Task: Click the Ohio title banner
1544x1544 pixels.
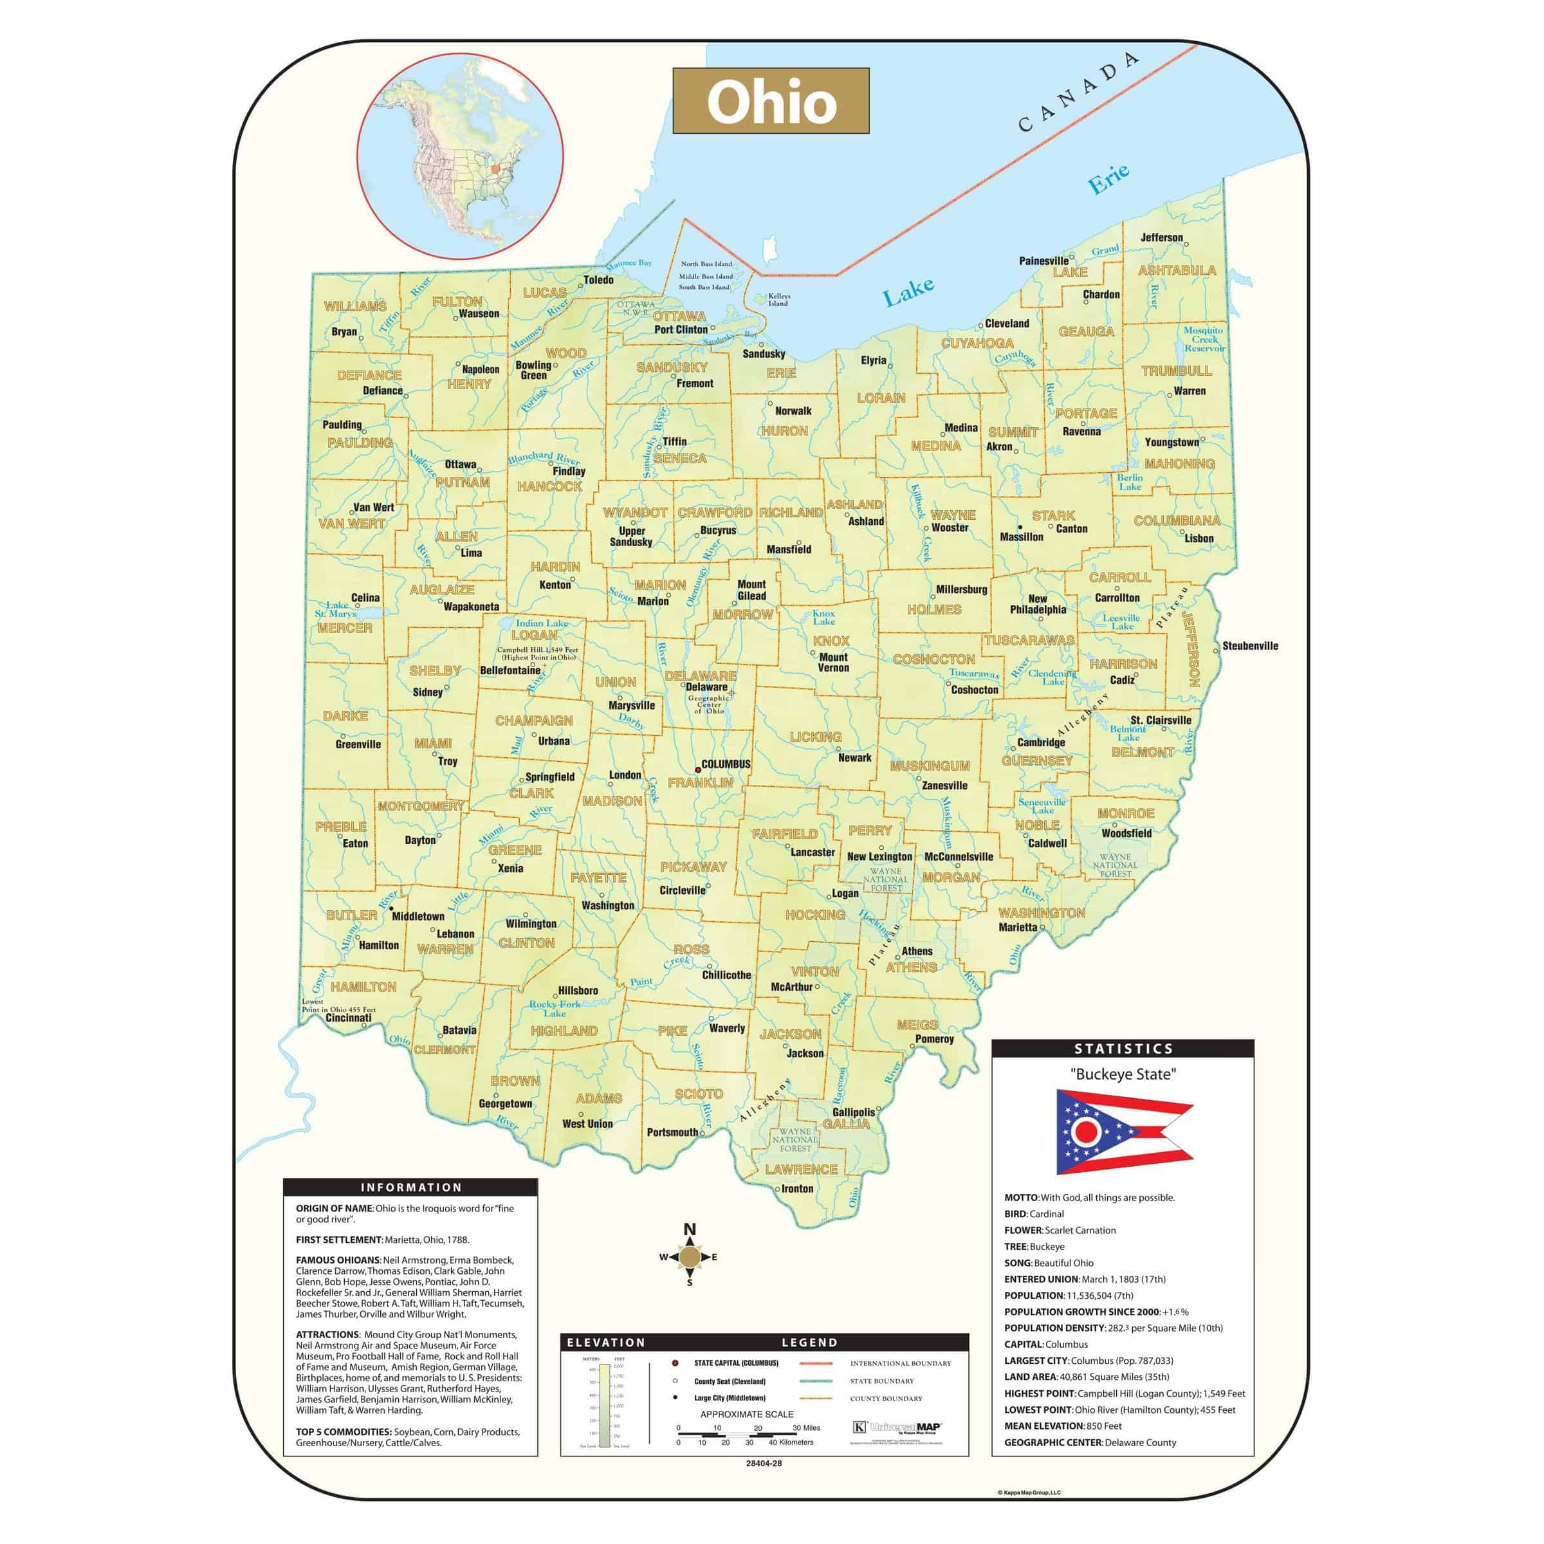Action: tap(771, 101)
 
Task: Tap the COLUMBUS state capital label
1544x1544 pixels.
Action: tap(726, 764)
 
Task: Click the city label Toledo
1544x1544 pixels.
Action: tap(598, 280)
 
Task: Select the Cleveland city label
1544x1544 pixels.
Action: tap(1007, 324)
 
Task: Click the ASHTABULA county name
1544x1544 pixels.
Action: tap(1177, 270)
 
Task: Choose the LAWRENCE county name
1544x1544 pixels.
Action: tap(801, 1169)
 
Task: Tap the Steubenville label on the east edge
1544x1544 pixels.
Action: tap(1250, 646)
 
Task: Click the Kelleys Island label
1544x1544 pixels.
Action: tap(778, 300)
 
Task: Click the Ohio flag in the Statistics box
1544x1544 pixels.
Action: tap(1123, 1132)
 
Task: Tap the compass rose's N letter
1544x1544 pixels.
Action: tap(690, 1229)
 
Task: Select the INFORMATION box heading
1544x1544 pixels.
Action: tap(411, 1188)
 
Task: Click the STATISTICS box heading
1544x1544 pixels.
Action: tap(1123, 1049)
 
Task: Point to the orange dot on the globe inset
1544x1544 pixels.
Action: tap(495, 169)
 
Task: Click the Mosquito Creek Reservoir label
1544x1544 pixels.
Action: tap(1204, 339)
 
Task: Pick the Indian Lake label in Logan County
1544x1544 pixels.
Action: tap(542, 623)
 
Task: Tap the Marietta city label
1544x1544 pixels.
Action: tap(1017, 927)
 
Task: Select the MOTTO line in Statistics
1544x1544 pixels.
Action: tap(1089, 1197)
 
